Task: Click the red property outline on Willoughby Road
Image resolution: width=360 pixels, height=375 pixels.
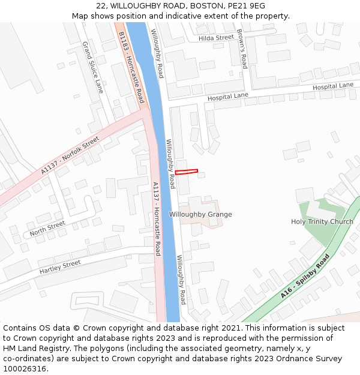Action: click(186, 172)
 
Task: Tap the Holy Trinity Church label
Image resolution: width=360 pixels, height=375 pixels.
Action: click(322, 222)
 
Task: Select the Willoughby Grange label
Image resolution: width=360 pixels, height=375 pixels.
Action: click(200, 215)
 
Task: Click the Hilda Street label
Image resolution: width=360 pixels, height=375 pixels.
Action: click(216, 38)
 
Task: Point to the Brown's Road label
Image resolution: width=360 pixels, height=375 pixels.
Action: click(242, 41)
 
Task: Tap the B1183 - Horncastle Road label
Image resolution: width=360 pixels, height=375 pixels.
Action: click(131, 67)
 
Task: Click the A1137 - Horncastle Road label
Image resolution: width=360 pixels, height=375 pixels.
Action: click(156, 218)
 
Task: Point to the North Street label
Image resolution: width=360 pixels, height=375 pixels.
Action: click(47, 228)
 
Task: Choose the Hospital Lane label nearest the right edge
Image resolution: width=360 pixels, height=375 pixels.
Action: click(333, 86)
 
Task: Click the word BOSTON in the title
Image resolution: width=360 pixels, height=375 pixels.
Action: click(207, 6)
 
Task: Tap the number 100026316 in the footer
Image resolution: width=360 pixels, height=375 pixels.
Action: click(25, 369)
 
